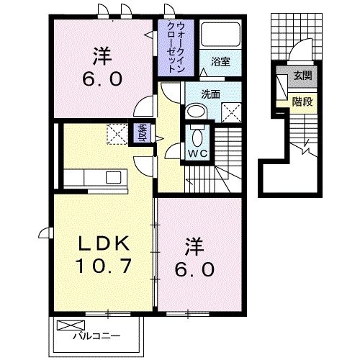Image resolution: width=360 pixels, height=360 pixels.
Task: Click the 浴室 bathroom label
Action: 220,63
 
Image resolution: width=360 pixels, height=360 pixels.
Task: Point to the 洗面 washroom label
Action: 211,94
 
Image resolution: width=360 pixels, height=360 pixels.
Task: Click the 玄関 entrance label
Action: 302,77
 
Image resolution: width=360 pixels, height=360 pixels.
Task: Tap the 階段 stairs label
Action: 302,102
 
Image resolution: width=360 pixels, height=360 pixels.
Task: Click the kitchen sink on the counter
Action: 114,177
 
